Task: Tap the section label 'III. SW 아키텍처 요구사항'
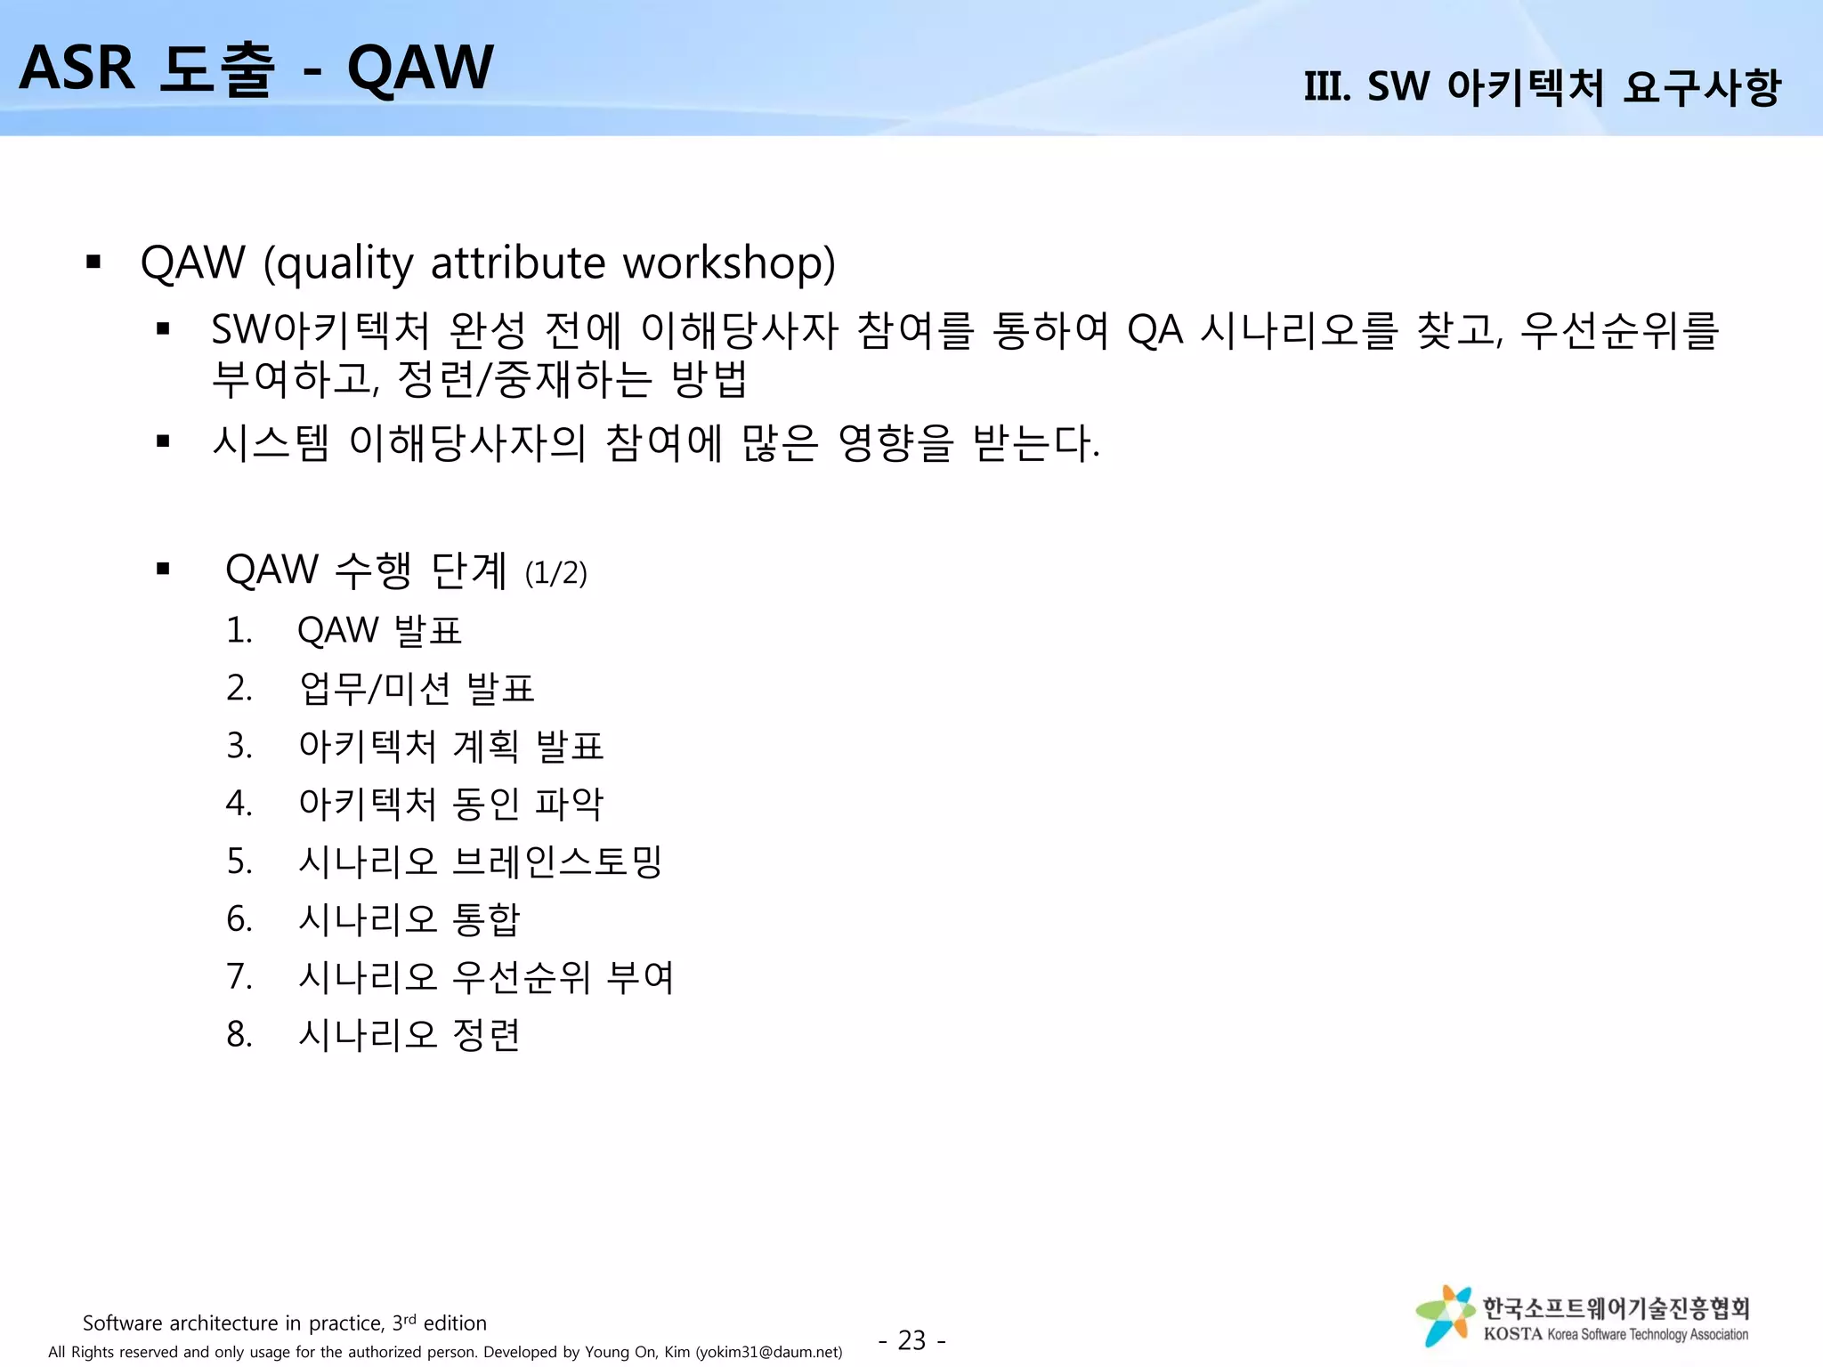1542,87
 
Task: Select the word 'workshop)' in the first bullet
729,263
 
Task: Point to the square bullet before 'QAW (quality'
93,263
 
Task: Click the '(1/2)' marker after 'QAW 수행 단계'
555,573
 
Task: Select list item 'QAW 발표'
379,630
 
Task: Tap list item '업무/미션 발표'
416,688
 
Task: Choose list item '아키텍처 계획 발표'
450,746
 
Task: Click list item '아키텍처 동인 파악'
450,803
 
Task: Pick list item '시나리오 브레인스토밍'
480,861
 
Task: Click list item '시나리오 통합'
409,918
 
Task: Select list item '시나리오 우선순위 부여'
486,976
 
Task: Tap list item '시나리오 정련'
409,1034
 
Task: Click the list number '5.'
239,861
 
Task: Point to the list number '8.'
239,1034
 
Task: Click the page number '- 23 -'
911,1339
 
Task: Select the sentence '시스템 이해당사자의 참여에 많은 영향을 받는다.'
656,442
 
